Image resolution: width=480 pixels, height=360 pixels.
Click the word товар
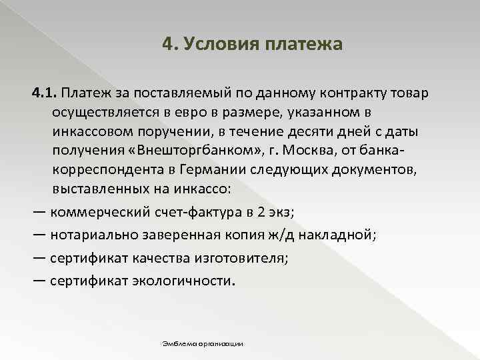point(411,91)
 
